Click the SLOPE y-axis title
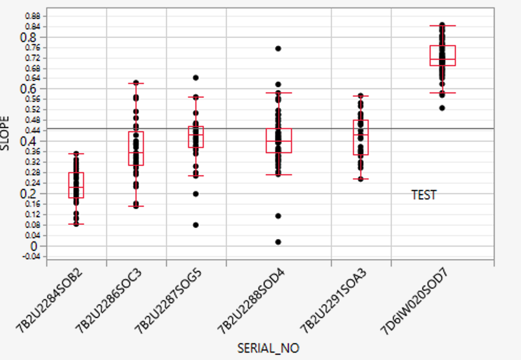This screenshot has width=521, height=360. click(x=6, y=135)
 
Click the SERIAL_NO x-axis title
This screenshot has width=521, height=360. click(x=268, y=348)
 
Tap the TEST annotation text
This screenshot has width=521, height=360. click(x=424, y=195)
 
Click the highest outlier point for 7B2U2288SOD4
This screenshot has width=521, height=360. click(x=278, y=48)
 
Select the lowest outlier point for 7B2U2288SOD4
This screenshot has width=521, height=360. click(x=278, y=242)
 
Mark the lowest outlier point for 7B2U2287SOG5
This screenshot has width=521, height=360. click(x=196, y=225)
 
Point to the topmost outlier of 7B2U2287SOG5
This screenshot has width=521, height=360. click(x=196, y=78)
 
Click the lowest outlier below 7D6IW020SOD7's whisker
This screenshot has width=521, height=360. click(x=442, y=108)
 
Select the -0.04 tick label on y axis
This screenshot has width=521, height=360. click(x=33, y=256)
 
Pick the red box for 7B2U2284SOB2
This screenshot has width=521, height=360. click(x=77, y=185)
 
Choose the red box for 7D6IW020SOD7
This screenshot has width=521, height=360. click(x=442, y=56)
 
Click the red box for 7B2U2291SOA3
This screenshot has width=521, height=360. click(x=361, y=137)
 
